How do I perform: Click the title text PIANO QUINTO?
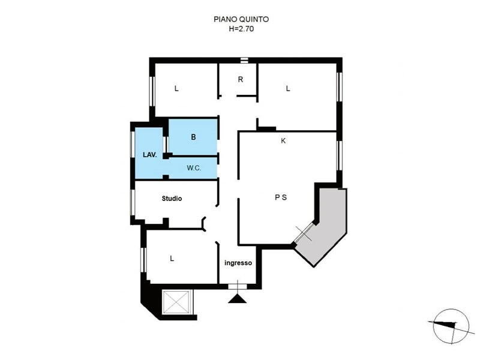[x=241, y=19]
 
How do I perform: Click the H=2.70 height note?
[x=241, y=29]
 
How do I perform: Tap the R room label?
[x=241, y=80]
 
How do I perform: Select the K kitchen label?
[x=283, y=140]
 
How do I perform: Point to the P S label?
[x=281, y=197]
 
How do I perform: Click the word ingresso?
[x=238, y=263]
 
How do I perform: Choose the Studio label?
[x=172, y=199]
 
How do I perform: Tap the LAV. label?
[x=150, y=155]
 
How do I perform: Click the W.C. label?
[x=194, y=168]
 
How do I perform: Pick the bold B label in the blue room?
[x=193, y=137]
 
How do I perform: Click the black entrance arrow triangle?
[x=237, y=298]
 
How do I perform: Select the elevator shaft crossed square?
[x=176, y=302]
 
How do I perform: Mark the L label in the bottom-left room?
[x=172, y=259]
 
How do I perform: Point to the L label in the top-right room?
[x=288, y=88]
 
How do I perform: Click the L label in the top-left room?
[x=176, y=88]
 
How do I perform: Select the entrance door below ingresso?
[x=237, y=286]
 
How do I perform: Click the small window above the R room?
[x=244, y=60]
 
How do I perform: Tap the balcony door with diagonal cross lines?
[x=304, y=233]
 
